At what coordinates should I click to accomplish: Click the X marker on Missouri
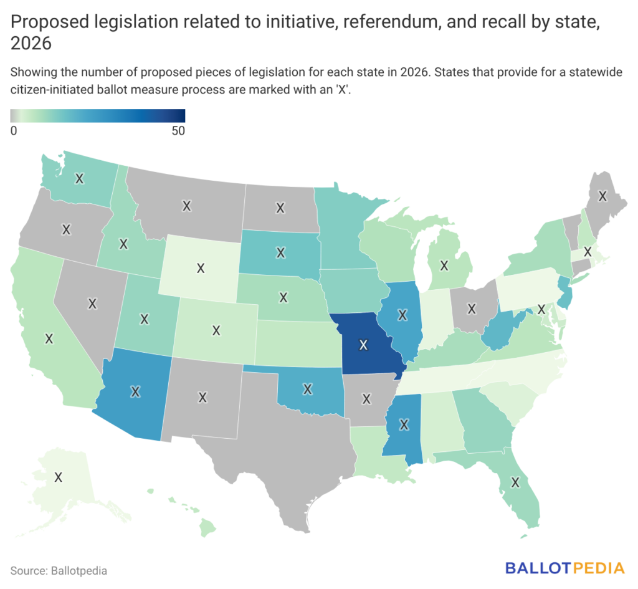point(363,345)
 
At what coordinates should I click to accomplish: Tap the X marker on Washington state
point(79,178)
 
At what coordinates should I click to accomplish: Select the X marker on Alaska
point(58,477)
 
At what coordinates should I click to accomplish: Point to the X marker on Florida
point(515,482)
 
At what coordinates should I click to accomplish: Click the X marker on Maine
point(602,196)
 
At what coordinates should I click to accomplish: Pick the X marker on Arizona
point(135,392)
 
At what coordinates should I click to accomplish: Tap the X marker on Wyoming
point(201,268)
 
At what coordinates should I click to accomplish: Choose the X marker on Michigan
point(444,266)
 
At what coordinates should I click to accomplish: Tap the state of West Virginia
point(500,330)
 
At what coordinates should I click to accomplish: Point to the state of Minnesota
point(346,232)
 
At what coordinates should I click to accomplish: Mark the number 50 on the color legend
point(178,131)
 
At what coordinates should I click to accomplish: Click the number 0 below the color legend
point(14,131)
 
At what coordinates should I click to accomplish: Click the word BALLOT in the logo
point(539,568)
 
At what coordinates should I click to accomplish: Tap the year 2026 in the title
point(31,44)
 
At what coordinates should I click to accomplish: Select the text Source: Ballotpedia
point(59,571)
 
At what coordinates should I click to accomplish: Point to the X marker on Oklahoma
point(308,389)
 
